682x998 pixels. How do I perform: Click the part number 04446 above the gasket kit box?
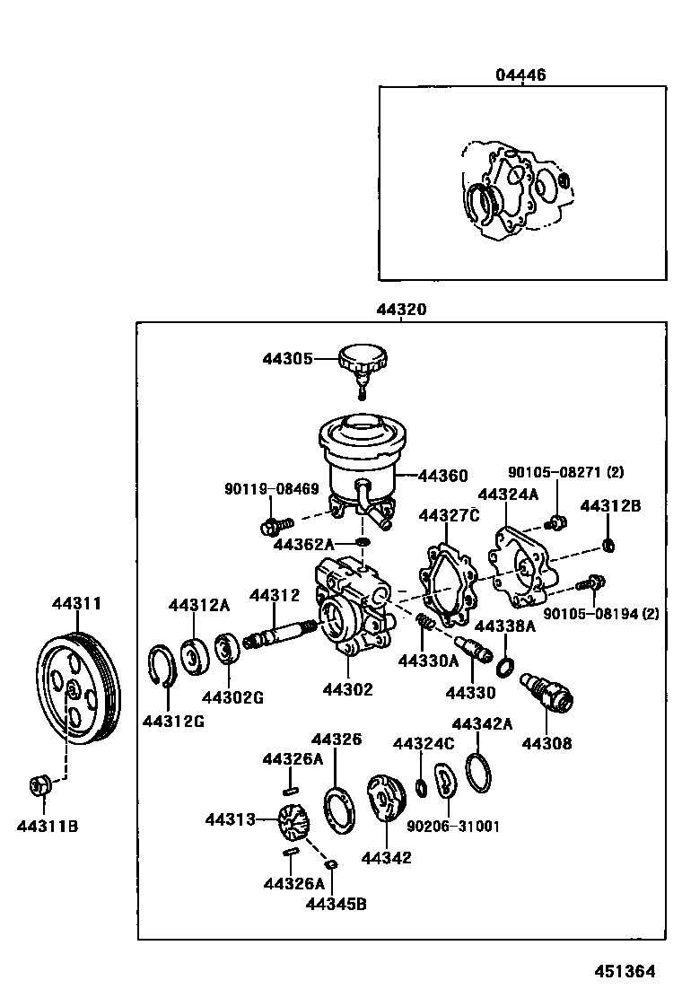click(x=520, y=75)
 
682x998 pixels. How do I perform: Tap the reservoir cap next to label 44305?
click(x=363, y=363)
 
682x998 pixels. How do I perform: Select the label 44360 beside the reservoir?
click(x=442, y=476)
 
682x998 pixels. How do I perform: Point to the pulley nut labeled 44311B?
click(x=39, y=785)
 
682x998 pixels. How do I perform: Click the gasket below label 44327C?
click(x=448, y=582)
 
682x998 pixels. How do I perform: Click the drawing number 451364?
click(x=623, y=971)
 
